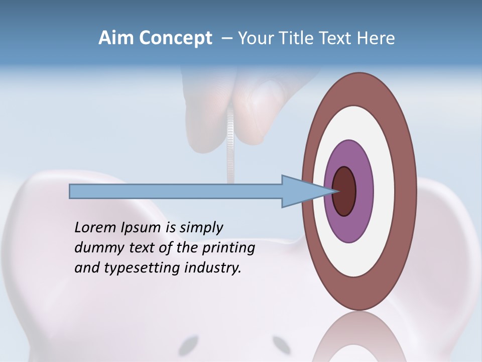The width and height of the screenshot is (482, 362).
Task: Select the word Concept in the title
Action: coord(175,38)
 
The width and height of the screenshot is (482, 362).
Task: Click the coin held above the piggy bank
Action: coord(230,146)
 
